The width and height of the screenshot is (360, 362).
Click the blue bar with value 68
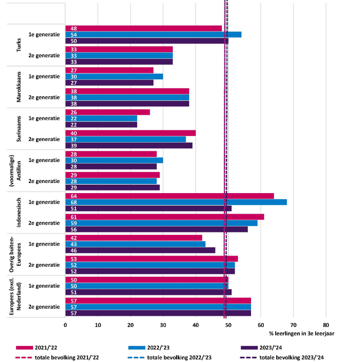176,202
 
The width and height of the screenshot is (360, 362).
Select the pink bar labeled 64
170,196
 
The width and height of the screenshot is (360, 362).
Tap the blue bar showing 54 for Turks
153,35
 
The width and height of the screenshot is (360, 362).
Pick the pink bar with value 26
107,112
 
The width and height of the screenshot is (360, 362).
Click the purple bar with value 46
140,250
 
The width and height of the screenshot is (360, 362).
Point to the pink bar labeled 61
165,217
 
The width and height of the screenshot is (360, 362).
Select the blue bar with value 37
126,139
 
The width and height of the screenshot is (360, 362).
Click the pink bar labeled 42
134,238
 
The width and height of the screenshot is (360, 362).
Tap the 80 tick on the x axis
326,324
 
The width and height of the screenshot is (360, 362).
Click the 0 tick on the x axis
65,324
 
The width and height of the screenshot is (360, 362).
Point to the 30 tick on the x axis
163,324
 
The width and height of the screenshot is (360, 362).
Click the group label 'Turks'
19,45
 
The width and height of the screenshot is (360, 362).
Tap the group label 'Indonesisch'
19,213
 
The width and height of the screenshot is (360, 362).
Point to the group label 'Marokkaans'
19,87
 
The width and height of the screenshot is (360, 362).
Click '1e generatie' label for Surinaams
44,118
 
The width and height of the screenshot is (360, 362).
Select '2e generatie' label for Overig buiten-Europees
44,265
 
